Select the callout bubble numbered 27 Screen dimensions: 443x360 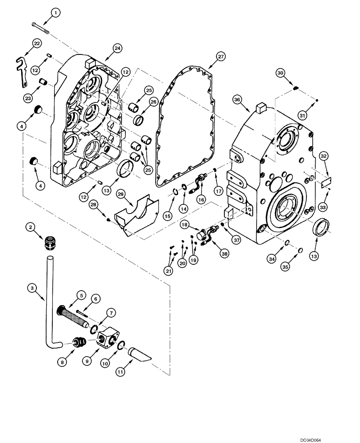(x=221, y=57)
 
